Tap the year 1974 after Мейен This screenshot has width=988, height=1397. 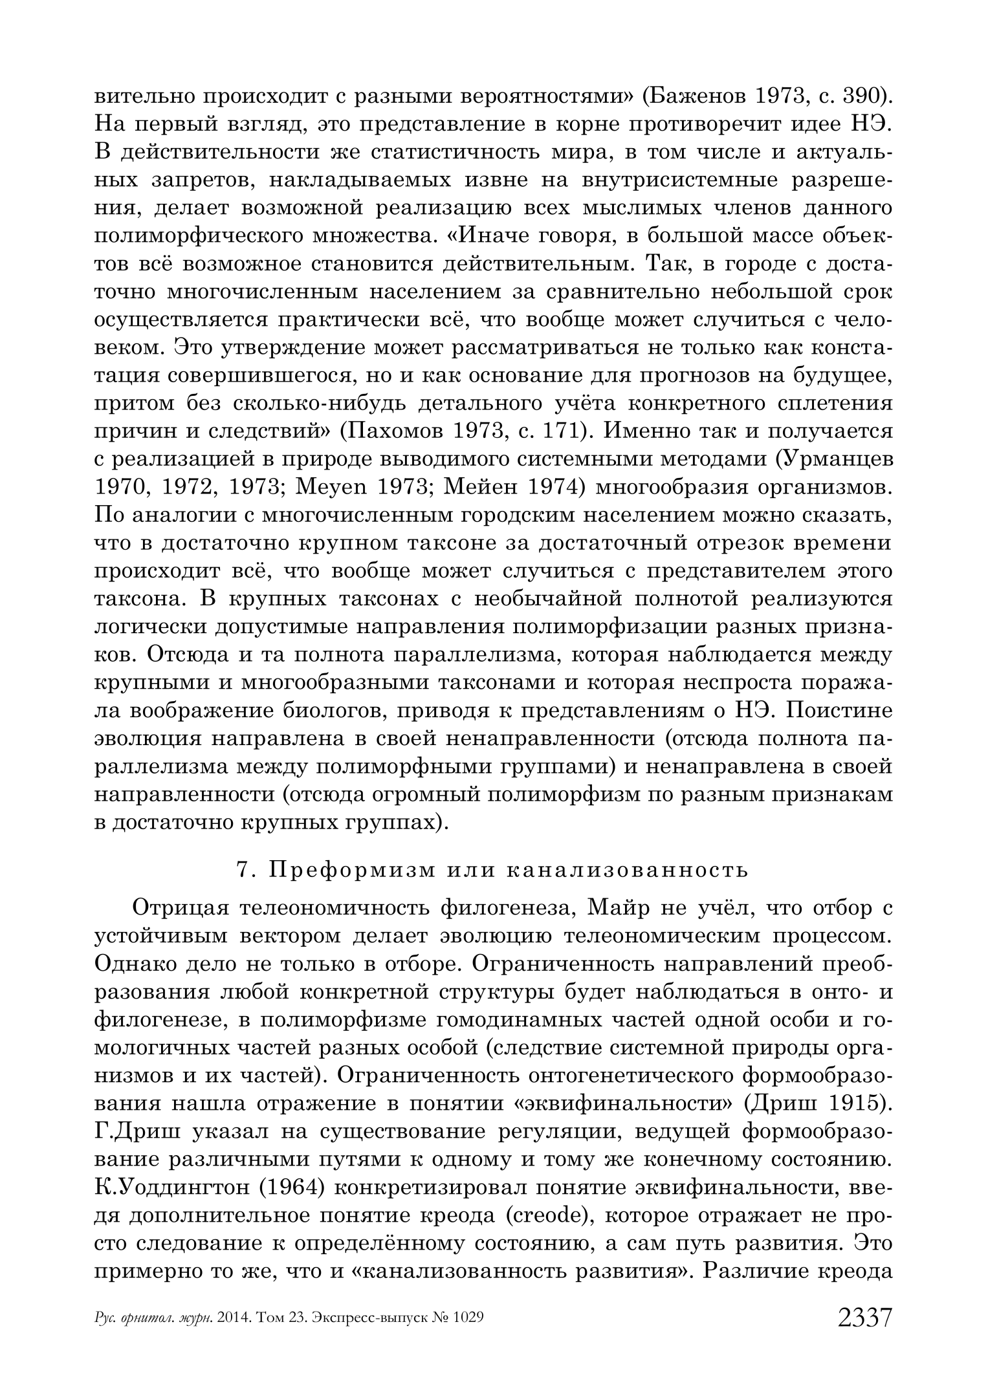[x=559, y=487]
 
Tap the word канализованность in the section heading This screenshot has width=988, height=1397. [x=626, y=870]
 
